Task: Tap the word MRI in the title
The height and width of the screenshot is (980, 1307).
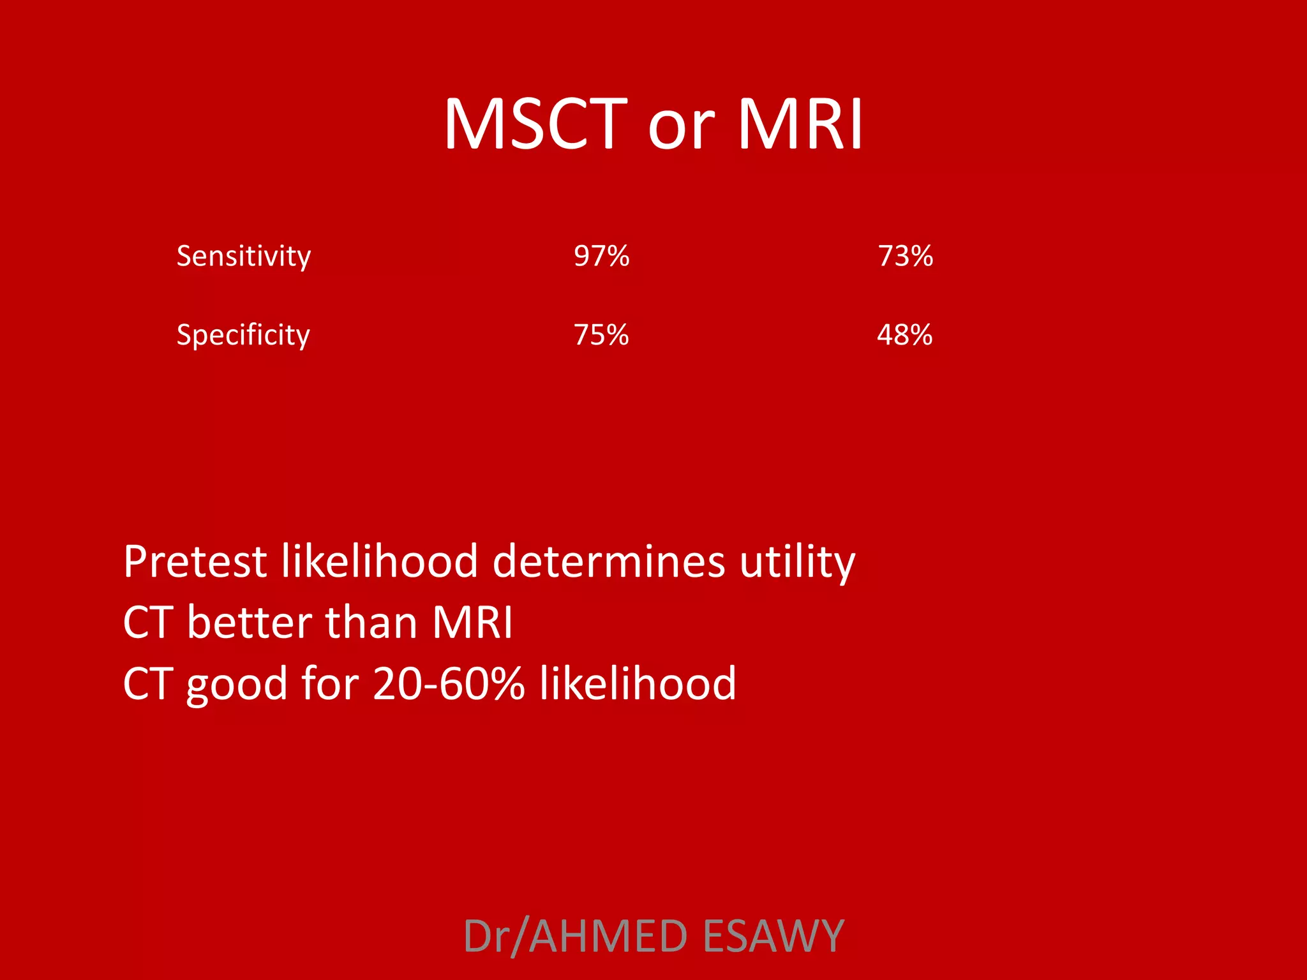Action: (800, 124)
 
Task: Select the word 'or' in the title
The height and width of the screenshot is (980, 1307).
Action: (680, 128)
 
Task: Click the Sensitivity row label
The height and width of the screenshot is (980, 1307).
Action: (243, 256)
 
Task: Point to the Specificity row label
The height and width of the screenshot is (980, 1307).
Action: (243, 335)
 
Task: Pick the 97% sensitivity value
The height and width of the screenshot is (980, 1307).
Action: (601, 256)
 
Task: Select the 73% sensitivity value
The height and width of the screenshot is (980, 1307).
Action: (905, 256)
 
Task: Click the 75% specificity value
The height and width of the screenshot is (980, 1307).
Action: (601, 335)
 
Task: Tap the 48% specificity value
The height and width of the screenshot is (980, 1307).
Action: (904, 335)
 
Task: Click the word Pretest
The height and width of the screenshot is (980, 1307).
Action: (195, 561)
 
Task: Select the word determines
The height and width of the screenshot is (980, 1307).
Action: (609, 561)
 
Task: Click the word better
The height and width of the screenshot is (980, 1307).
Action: (250, 622)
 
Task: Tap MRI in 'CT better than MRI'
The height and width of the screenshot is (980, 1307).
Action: (472, 622)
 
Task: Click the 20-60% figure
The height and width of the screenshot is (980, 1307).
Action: (448, 683)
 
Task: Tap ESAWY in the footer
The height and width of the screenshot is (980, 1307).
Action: (773, 936)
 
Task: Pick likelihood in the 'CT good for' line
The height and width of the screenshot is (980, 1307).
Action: (638, 683)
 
